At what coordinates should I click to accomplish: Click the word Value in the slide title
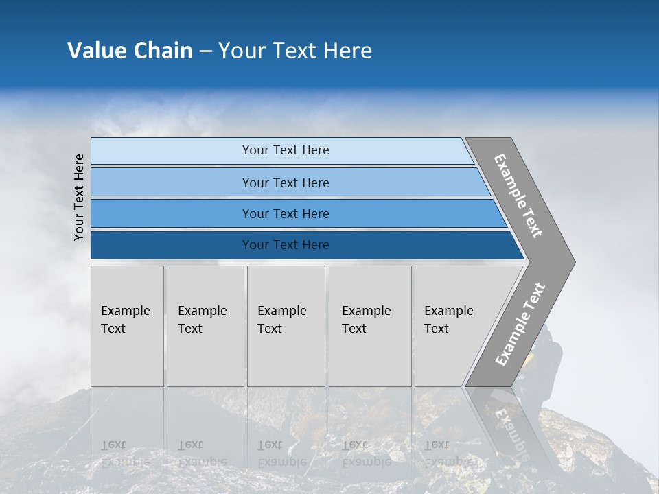pos(97,51)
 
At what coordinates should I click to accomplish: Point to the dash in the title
pos(205,51)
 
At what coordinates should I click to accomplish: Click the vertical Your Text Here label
pos(79,197)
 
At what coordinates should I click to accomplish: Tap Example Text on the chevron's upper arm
pos(518,196)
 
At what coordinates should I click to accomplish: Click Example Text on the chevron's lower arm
pos(520,325)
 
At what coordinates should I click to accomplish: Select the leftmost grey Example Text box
pos(127,326)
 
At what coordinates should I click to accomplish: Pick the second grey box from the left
pos(205,326)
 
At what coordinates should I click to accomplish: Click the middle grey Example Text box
pos(286,326)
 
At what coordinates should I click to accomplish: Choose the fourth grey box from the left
pos(369,326)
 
